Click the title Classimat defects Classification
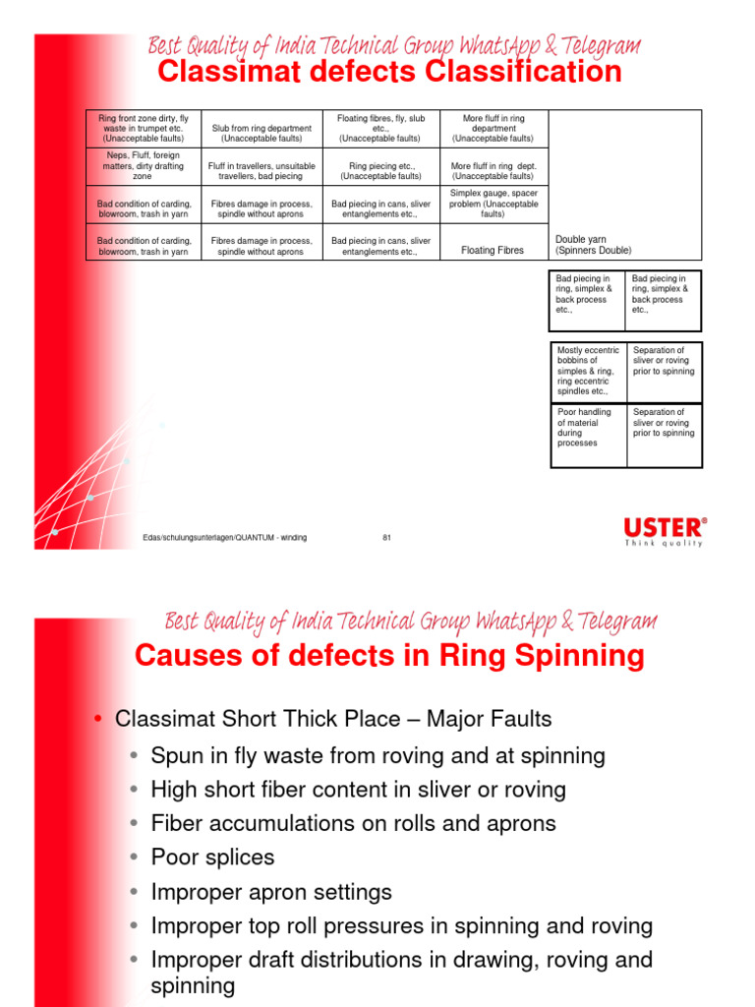pyautogui.click(x=389, y=73)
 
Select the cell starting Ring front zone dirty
pyautogui.click(x=144, y=129)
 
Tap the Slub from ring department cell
pyautogui.click(x=261, y=134)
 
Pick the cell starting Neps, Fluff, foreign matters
pyautogui.click(x=144, y=166)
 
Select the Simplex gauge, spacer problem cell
pyautogui.click(x=494, y=204)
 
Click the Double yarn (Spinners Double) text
pyautogui.click(x=594, y=245)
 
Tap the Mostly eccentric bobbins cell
pyautogui.click(x=588, y=371)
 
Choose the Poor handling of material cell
pyautogui.click(x=588, y=428)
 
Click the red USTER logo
pyautogui.click(x=665, y=527)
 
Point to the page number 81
pyautogui.click(x=386, y=537)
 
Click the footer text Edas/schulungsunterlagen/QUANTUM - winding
pyautogui.click(x=225, y=537)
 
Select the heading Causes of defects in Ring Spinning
pyautogui.click(x=389, y=656)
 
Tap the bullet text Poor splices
pyautogui.click(x=212, y=858)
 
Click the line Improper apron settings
pyautogui.click(x=271, y=892)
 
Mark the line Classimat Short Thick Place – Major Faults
pyautogui.click(x=333, y=719)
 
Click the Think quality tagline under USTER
pyautogui.click(x=665, y=543)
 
